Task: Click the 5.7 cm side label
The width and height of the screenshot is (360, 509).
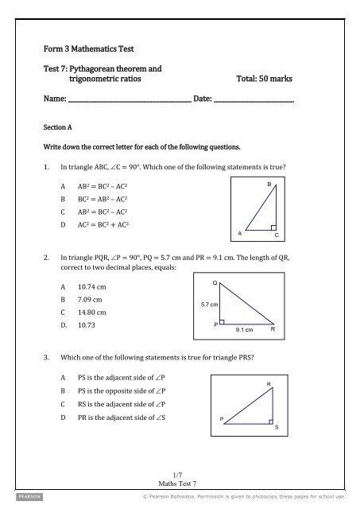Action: click(x=209, y=304)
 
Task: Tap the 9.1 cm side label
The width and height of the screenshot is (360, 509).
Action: click(x=244, y=330)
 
